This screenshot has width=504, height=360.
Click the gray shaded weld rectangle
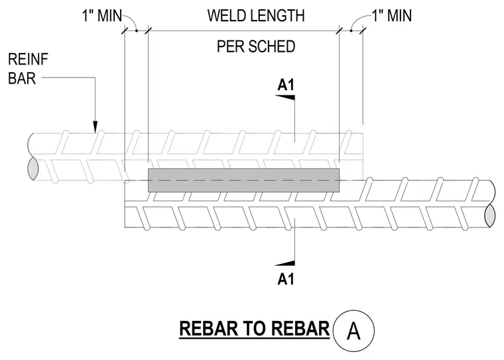(x=243, y=180)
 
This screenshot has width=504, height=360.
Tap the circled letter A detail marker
(x=353, y=330)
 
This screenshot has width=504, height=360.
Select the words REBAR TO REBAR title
(x=255, y=328)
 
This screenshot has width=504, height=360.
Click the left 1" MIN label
(x=102, y=16)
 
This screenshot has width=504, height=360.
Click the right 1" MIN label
(x=392, y=15)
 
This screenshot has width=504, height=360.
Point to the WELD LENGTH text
(x=256, y=16)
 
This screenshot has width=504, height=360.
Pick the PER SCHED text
(x=256, y=46)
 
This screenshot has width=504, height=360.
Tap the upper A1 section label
(x=286, y=85)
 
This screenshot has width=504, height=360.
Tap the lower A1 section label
(x=286, y=278)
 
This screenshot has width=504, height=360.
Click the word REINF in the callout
(x=29, y=60)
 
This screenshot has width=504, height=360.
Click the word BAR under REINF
(x=22, y=78)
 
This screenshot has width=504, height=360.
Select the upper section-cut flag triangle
(x=284, y=97)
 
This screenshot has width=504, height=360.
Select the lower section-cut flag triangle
(x=284, y=263)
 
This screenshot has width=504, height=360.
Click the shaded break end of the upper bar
(x=33, y=168)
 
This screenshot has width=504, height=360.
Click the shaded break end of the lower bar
(x=489, y=215)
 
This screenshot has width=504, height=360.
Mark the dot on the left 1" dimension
(x=137, y=31)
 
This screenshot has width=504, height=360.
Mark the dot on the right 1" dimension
(x=351, y=31)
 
